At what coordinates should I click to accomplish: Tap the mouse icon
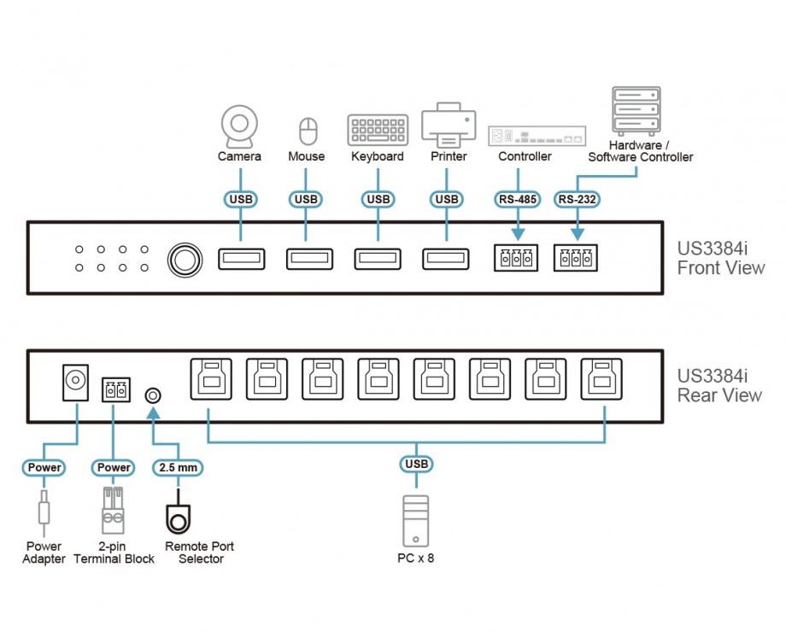click(307, 132)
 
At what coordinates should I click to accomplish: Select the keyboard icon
click(378, 130)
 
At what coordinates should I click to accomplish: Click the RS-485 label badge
click(517, 200)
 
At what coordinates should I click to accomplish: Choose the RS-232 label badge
click(577, 200)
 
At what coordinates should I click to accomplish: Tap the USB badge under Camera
click(240, 200)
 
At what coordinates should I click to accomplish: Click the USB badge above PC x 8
click(416, 464)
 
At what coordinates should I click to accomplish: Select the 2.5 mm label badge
click(178, 467)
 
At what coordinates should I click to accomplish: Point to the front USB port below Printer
click(446, 258)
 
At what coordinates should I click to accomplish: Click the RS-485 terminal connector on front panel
click(516, 258)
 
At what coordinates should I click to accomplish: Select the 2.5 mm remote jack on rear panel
click(154, 395)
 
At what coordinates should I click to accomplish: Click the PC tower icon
click(416, 518)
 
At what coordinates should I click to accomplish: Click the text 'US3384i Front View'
click(720, 258)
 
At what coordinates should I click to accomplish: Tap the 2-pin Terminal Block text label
click(114, 553)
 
